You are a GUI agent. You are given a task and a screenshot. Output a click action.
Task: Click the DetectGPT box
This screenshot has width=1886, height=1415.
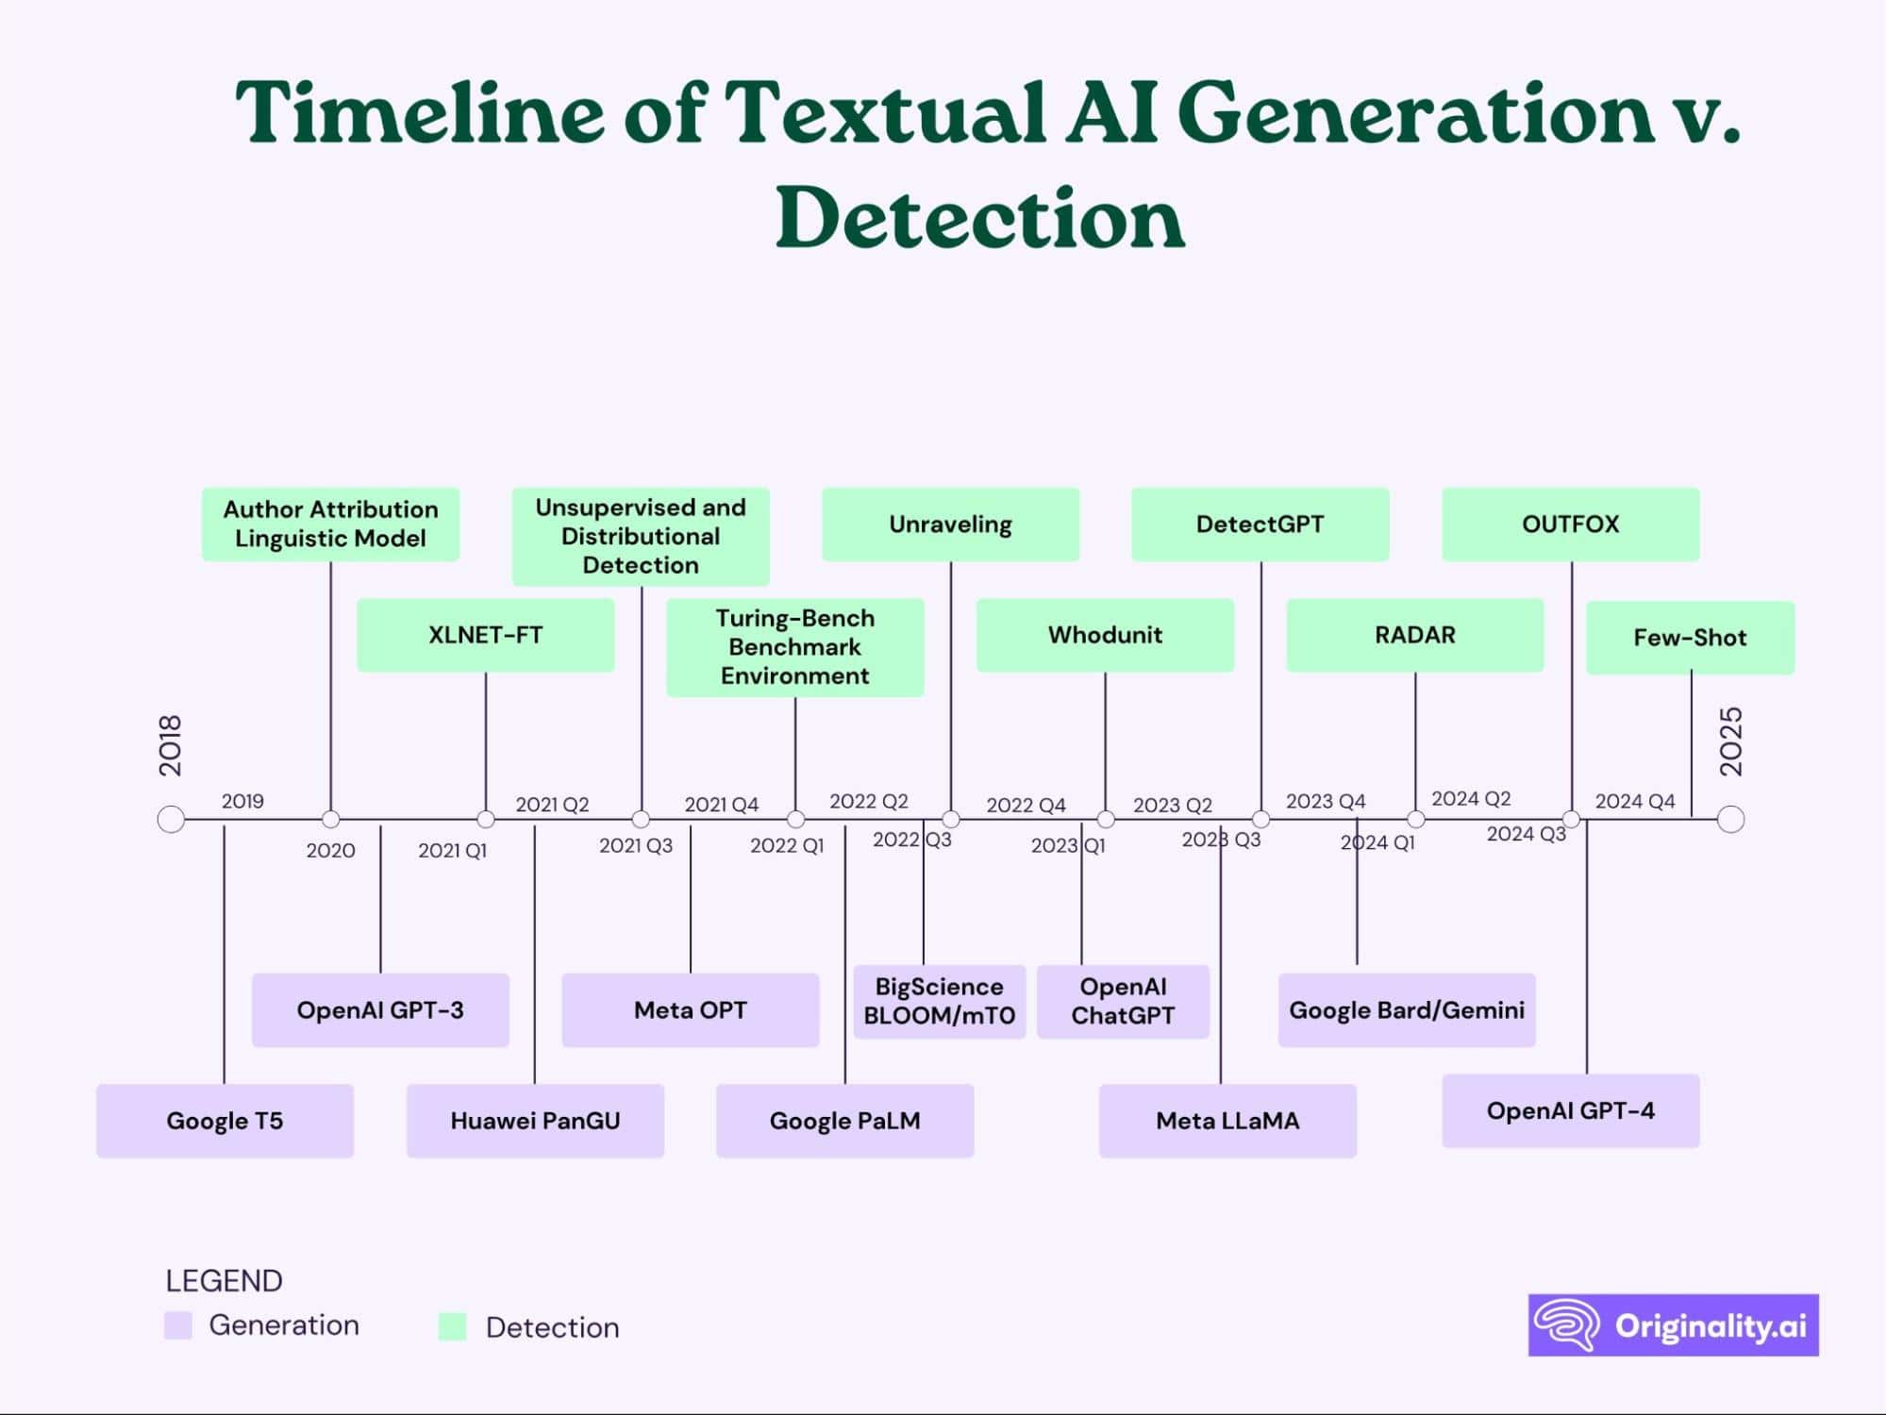tap(1260, 524)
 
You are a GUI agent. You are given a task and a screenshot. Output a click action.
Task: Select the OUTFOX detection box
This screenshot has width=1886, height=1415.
tap(1570, 524)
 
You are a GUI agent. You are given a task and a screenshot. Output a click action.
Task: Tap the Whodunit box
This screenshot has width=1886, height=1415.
tap(1105, 635)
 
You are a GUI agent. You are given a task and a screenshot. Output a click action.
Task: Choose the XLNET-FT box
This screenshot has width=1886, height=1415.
tap(485, 635)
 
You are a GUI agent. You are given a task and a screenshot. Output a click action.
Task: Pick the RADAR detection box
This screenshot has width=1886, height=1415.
tap(1414, 635)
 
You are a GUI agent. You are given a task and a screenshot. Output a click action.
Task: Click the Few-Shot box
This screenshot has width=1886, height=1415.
tap(1690, 638)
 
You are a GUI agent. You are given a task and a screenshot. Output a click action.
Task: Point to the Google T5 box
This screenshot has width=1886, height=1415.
tap(225, 1121)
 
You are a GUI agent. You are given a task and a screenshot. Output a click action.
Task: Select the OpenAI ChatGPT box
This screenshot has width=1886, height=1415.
tap(1123, 1001)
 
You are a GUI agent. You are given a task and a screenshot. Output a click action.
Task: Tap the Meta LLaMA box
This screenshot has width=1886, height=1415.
tap(1227, 1121)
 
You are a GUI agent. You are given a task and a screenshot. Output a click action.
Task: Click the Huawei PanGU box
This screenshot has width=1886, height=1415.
tap(535, 1121)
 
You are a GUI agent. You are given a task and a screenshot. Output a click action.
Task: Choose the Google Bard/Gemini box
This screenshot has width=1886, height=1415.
tap(1407, 1010)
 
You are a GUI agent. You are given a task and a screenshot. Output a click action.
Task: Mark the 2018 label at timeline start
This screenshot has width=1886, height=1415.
tap(170, 745)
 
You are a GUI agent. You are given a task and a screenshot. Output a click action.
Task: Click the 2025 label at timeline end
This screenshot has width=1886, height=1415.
tap(1731, 741)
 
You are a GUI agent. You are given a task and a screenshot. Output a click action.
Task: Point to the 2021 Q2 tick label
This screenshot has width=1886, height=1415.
tap(552, 805)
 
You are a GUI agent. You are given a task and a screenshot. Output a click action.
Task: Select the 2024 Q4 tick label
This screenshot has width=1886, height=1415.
tap(1635, 802)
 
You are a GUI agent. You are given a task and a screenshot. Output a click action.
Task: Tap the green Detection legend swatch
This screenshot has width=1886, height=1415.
tap(453, 1326)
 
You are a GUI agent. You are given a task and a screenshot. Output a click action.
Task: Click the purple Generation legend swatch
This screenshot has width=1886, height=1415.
tap(178, 1324)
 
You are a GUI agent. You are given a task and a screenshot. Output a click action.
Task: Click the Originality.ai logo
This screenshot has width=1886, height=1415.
tap(1673, 1325)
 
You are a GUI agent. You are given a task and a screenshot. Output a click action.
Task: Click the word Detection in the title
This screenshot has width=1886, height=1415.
tap(979, 218)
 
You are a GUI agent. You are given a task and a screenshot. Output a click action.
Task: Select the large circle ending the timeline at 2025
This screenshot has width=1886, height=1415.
tap(1730, 819)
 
